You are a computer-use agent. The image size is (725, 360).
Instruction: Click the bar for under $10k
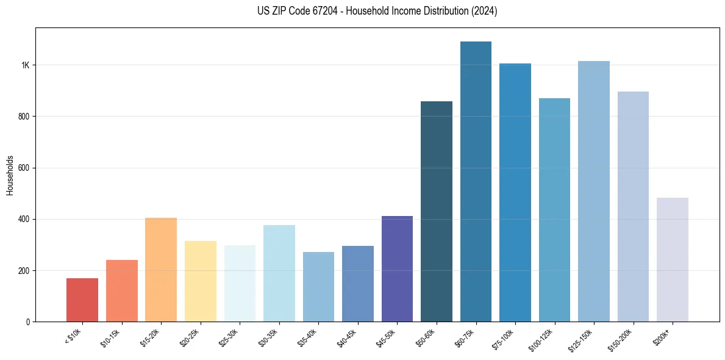[x=82, y=300]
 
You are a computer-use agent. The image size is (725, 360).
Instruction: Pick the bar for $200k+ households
[x=673, y=259]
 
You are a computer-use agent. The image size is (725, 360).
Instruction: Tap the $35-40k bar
[x=318, y=287]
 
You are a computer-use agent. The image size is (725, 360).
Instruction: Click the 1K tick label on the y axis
[x=24, y=65]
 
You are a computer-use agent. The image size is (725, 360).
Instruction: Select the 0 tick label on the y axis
[x=27, y=322]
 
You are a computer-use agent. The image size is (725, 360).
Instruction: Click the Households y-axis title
[x=10, y=175]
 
